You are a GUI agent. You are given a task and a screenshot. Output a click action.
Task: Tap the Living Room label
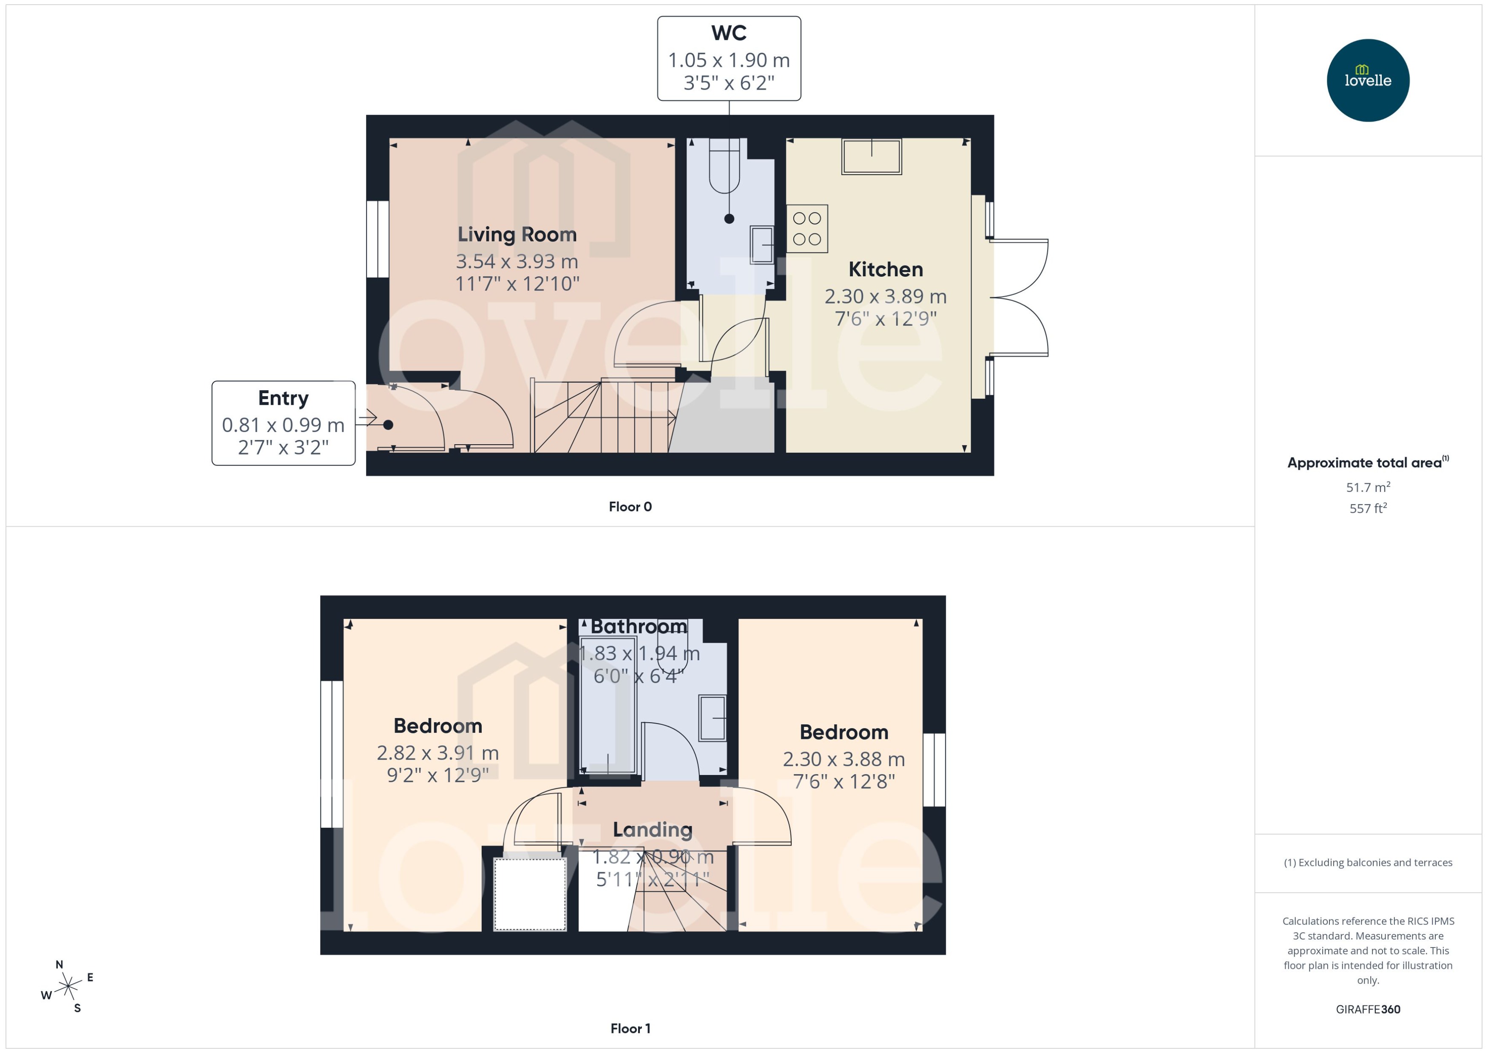click(x=517, y=234)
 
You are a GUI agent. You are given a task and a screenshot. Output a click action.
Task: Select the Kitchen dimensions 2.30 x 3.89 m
click(x=885, y=296)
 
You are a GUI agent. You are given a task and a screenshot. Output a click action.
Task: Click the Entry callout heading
click(x=283, y=397)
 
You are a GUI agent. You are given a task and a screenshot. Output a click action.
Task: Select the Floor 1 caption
click(x=630, y=1028)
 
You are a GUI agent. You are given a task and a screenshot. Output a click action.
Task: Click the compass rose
click(x=68, y=987)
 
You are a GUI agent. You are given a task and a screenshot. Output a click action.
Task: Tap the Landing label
click(x=652, y=829)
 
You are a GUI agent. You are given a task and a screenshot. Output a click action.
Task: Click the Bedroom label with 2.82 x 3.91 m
click(x=437, y=726)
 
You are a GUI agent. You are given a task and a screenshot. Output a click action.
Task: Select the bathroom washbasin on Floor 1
click(x=712, y=718)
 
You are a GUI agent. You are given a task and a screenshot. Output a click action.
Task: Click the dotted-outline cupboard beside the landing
click(x=530, y=894)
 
